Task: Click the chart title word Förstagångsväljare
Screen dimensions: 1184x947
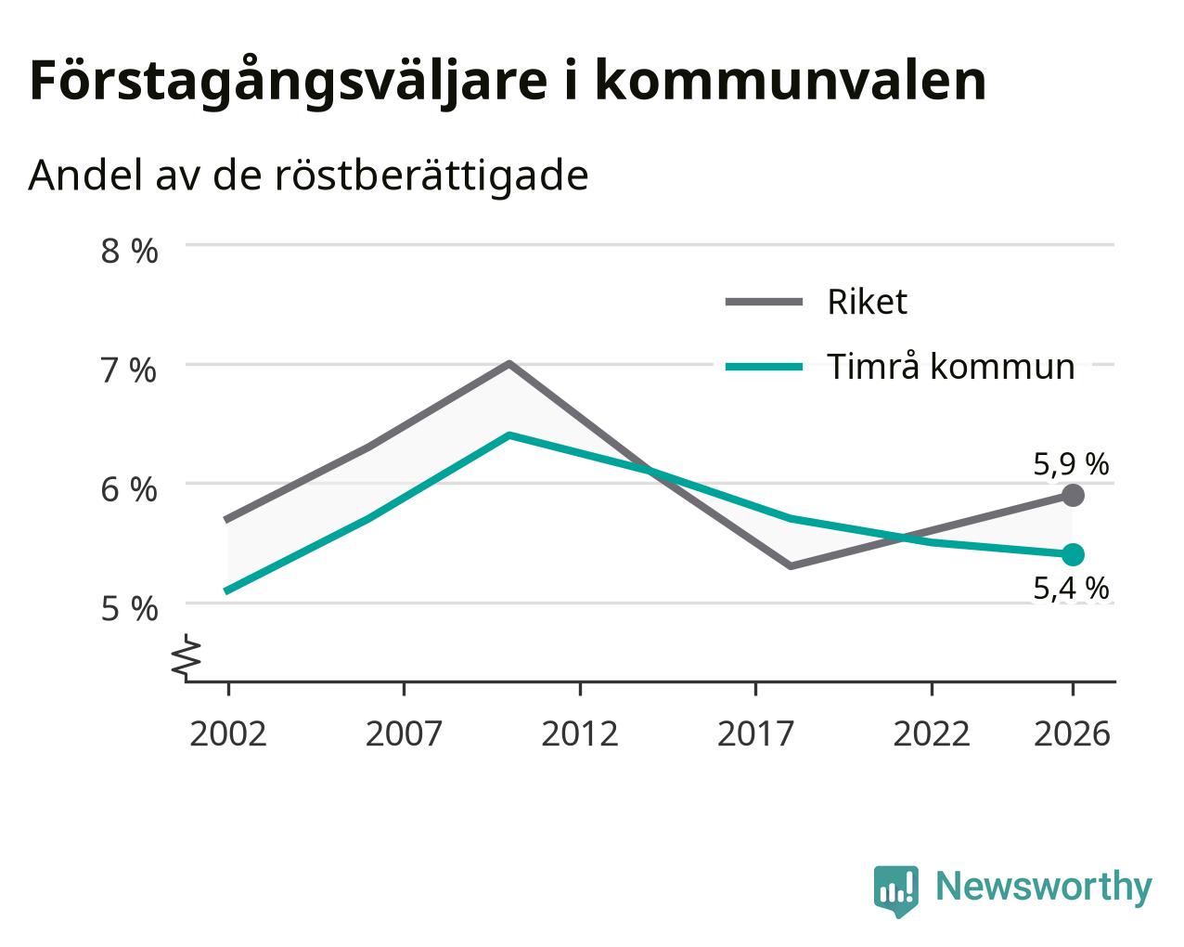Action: pyautogui.click(x=289, y=82)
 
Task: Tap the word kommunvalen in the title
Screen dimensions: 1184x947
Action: pyautogui.click(x=790, y=81)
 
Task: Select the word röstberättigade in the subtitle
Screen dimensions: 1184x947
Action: pyautogui.click(x=431, y=175)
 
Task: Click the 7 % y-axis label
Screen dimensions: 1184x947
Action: pyautogui.click(x=129, y=370)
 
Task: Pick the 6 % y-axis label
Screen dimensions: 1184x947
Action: pyautogui.click(x=129, y=489)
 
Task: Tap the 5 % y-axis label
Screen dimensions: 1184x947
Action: pyautogui.click(x=129, y=609)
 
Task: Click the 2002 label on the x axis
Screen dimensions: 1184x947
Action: pyautogui.click(x=227, y=734)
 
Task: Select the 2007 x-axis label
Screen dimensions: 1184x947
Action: pyautogui.click(x=404, y=734)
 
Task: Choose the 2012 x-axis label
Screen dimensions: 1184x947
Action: pyautogui.click(x=579, y=734)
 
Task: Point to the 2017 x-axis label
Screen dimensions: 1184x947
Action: pyautogui.click(x=755, y=734)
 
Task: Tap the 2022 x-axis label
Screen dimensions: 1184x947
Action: pyautogui.click(x=932, y=734)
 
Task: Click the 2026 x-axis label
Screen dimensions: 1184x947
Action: pyautogui.click(x=1073, y=734)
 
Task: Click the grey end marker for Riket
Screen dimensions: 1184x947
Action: pyautogui.click(x=1073, y=496)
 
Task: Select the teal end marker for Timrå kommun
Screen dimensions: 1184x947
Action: pyautogui.click(x=1073, y=554)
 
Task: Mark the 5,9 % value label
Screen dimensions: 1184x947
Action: pyautogui.click(x=1071, y=464)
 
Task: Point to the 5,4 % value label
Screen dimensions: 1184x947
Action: pyautogui.click(x=1071, y=589)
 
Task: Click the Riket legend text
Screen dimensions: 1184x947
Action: pyautogui.click(x=867, y=302)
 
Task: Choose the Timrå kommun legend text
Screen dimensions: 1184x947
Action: pyautogui.click(x=951, y=367)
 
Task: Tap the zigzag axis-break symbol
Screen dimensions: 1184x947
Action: pyautogui.click(x=187, y=655)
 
